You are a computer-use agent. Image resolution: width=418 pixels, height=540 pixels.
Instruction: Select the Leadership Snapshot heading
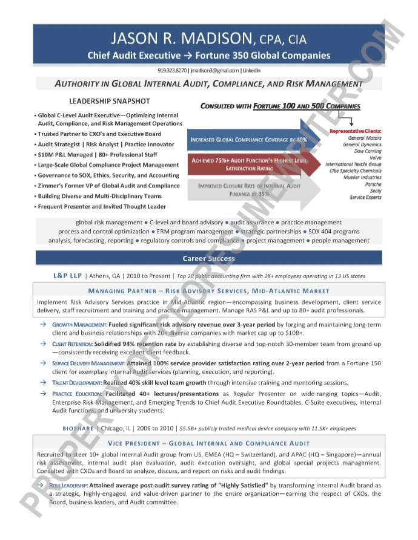[109, 101]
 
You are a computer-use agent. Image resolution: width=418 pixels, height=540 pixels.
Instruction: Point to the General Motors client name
[365, 138]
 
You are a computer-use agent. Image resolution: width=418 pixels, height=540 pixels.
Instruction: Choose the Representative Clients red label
[355, 131]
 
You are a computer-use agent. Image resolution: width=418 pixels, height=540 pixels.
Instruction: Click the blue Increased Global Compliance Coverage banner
[248, 140]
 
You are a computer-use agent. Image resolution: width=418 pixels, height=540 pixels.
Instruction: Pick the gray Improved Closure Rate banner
[249, 190]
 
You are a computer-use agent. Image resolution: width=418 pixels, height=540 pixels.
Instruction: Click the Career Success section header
[208, 258]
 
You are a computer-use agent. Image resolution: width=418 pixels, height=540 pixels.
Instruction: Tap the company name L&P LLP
[67, 276]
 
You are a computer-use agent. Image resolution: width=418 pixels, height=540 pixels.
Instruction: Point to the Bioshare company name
[78, 428]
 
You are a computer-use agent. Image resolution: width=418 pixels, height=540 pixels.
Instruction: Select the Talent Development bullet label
[77, 383]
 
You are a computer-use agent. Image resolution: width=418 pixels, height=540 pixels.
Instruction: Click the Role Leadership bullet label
[69, 485]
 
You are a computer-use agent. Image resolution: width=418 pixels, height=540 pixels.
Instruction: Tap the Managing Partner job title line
[208, 291]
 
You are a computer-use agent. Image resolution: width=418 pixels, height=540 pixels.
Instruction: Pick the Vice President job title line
[208, 443]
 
